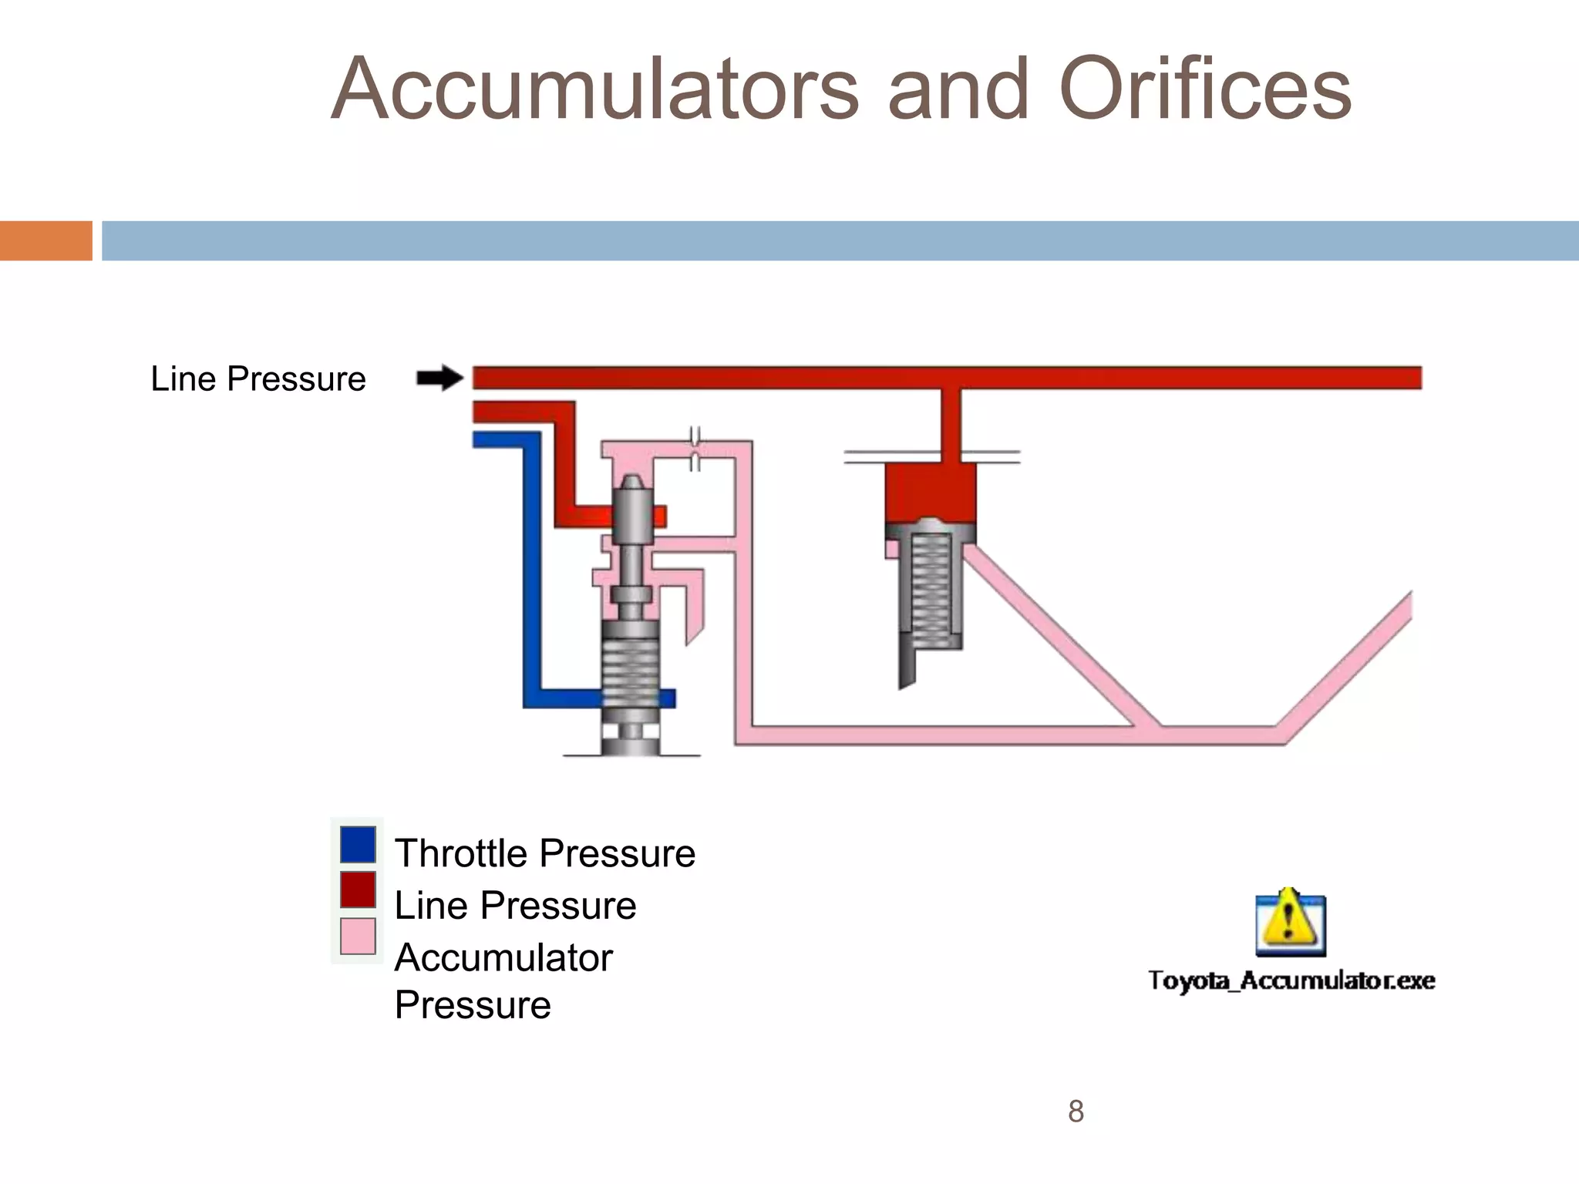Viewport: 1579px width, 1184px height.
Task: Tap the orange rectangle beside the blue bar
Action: point(45,240)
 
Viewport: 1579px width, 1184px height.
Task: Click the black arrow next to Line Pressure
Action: point(439,378)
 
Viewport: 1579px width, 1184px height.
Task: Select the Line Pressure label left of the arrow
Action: point(258,379)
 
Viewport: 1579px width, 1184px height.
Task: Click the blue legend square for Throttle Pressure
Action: point(358,845)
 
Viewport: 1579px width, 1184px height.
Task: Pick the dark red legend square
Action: point(358,890)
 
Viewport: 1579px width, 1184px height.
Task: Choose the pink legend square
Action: point(358,936)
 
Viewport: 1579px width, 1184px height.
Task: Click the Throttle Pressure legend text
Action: point(544,853)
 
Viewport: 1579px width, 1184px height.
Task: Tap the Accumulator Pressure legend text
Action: point(503,980)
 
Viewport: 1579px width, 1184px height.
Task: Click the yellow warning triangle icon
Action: point(1289,921)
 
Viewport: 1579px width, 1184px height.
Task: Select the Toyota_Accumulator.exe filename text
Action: point(1291,980)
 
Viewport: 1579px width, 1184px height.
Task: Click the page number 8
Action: point(1076,1112)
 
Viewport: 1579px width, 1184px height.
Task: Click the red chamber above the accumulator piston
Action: point(931,491)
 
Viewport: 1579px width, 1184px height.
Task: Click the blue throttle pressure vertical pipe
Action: point(532,570)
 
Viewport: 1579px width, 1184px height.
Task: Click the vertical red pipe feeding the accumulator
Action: point(951,425)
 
